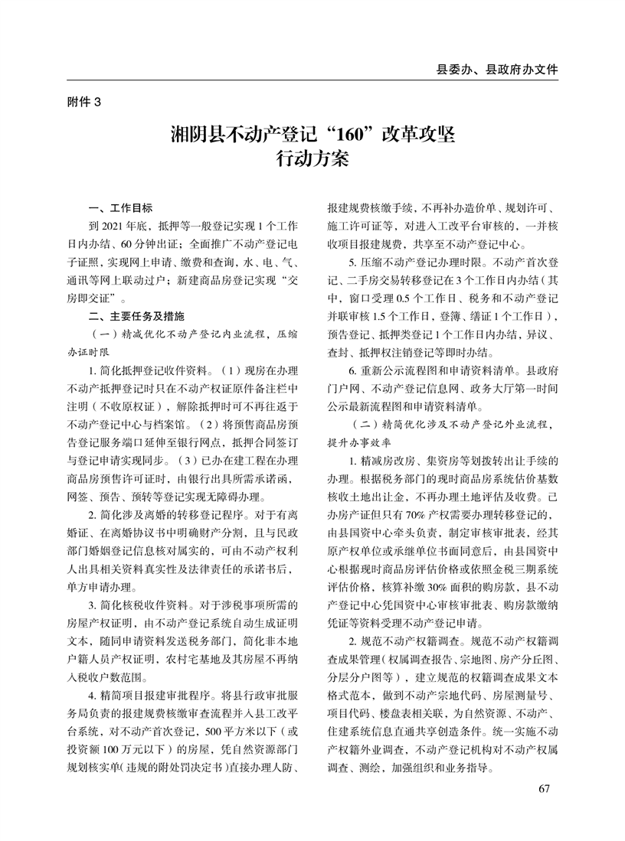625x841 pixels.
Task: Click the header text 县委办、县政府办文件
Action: pyautogui.click(x=496, y=69)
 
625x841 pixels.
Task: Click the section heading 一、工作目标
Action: pyautogui.click(x=121, y=208)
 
